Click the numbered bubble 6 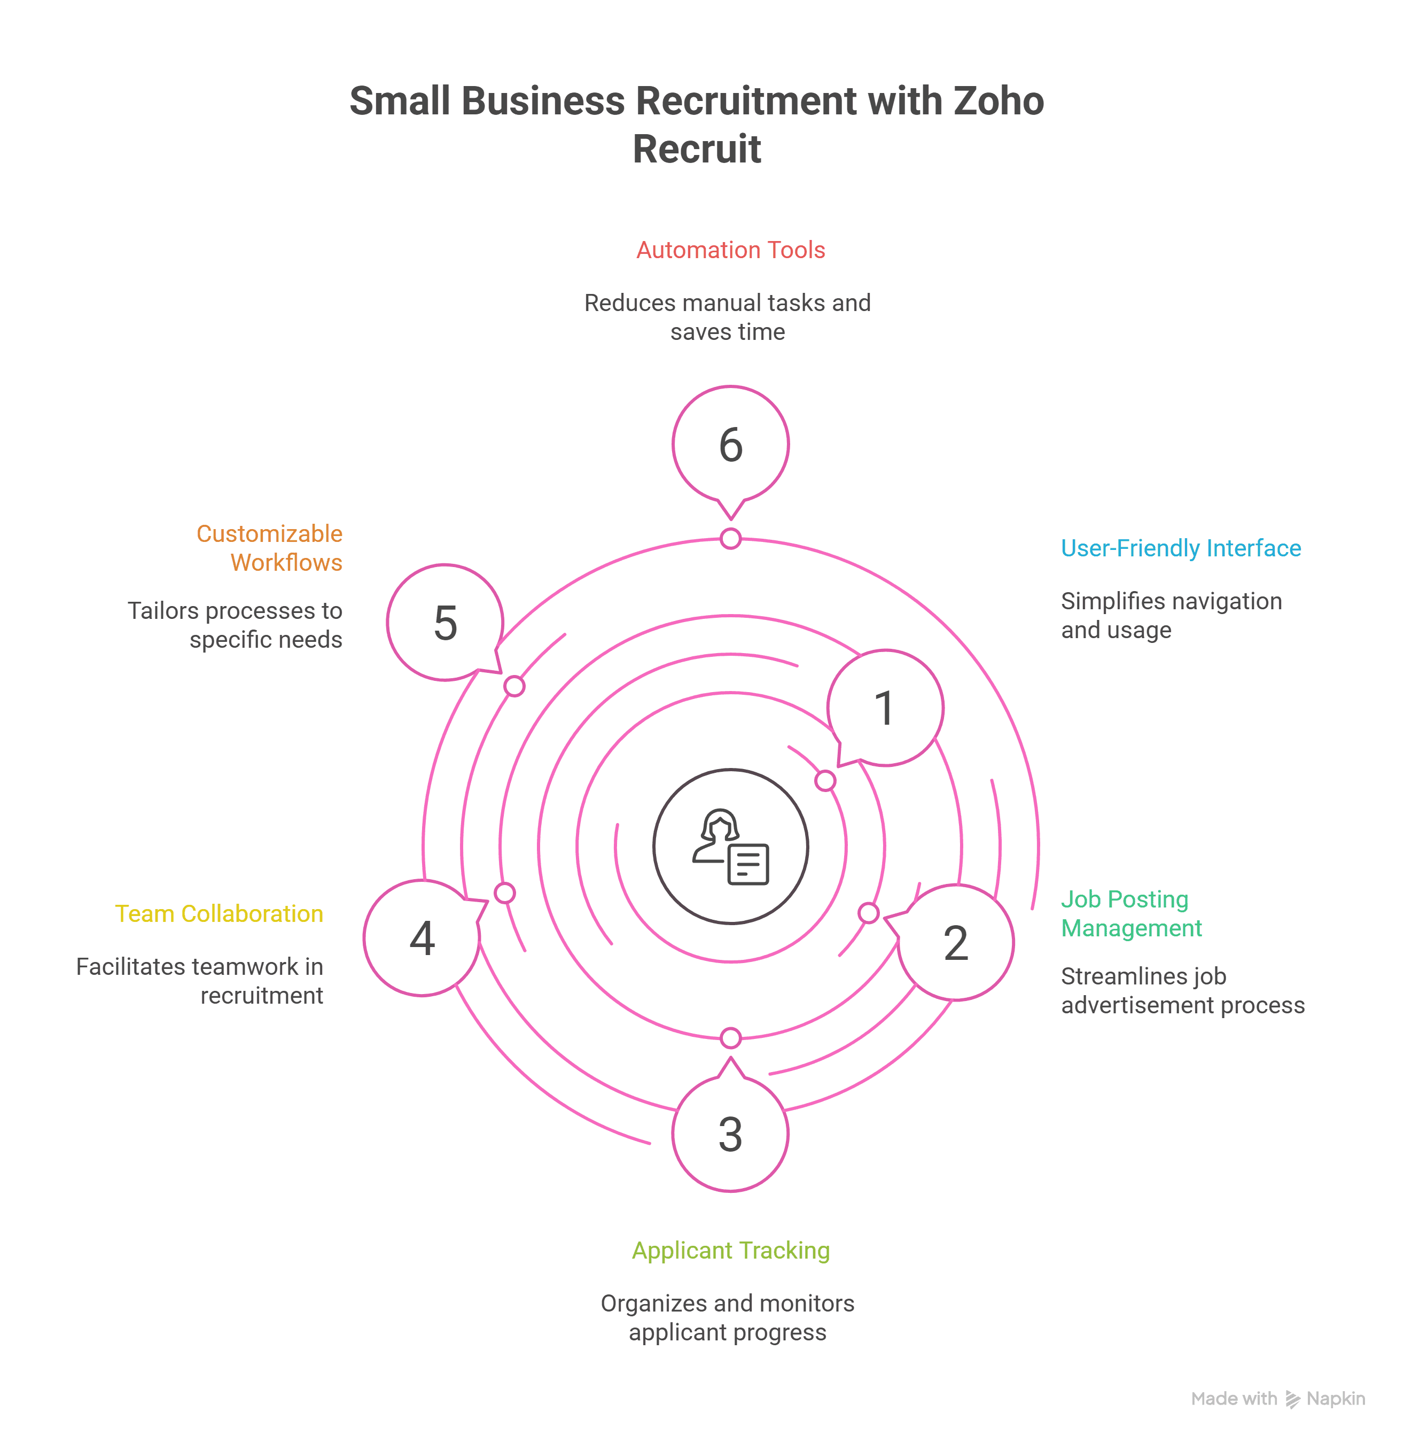tap(730, 444)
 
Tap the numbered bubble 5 tap(444, 623)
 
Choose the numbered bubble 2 tap(956, 942)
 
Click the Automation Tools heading tap(730, 250)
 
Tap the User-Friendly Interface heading tap(1181, 548)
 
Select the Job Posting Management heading tap(1131, 913)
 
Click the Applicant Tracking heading tap(730, 1251)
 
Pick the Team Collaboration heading tap(219, 913)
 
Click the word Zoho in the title tap(999, 101)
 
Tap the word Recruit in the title tap(696, 149)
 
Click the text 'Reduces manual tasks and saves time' tap(727, 317)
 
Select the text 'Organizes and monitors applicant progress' tap(727, 1317)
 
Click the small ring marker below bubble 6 tap(730, 539)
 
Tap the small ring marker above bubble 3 tap(730, 1038)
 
